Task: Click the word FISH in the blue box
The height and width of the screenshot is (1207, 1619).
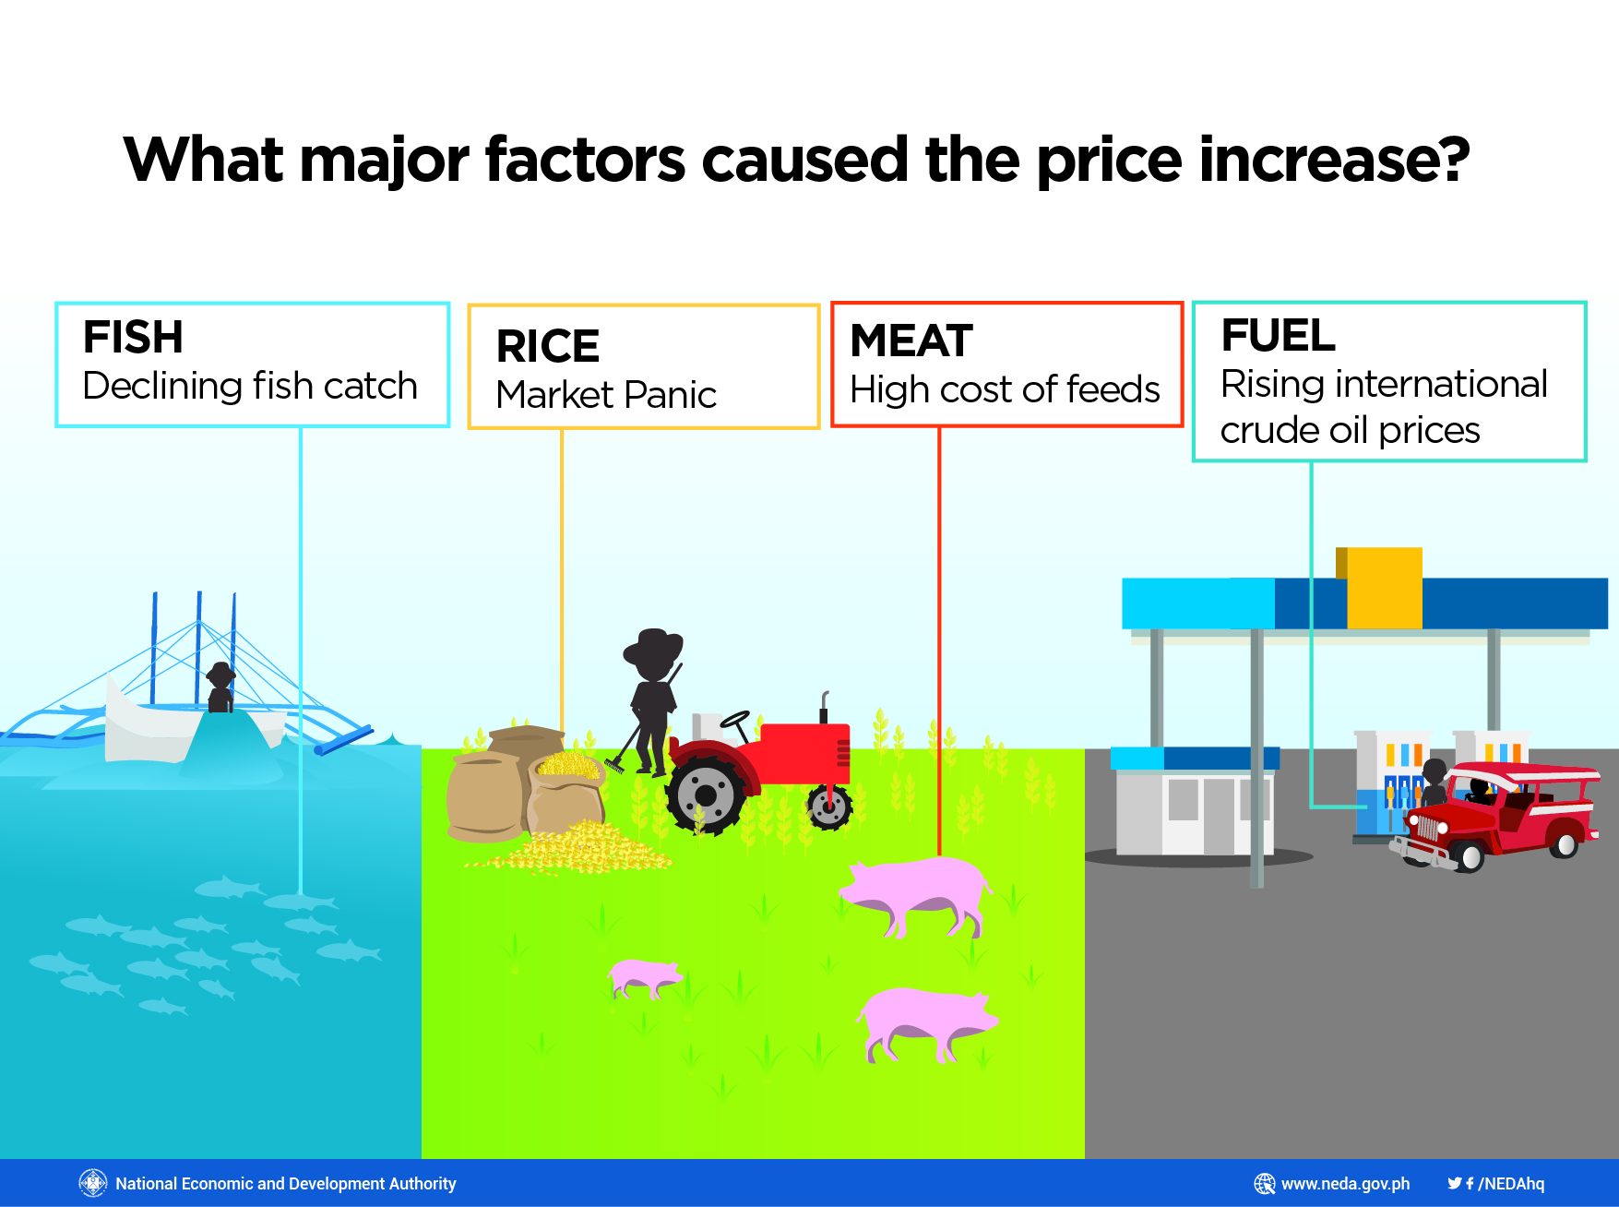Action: click(133, 337)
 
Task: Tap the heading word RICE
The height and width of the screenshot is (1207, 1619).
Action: click(548, 346)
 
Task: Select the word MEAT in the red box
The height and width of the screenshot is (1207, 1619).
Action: click(911, 341)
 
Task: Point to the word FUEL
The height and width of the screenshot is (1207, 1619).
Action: click(1278, 335)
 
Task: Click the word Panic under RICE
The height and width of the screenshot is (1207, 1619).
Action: click(670, 395)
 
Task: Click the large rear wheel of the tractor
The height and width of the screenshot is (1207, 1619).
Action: click(706, 795)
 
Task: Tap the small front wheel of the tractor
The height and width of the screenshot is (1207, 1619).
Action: click(829, 807)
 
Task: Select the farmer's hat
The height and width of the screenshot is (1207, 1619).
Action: click(653, 643)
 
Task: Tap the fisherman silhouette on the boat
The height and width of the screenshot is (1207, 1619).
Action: click(220, 687)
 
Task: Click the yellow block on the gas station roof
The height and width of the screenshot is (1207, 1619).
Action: click(1380, 588)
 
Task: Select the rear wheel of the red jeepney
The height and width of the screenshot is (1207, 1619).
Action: click(1564, 843)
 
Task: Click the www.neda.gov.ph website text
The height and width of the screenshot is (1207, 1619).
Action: click(1345, 1184)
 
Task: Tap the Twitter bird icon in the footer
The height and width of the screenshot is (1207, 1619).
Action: click(1454, 1183)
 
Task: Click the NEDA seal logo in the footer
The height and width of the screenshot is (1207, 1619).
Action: click(93, 1183)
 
